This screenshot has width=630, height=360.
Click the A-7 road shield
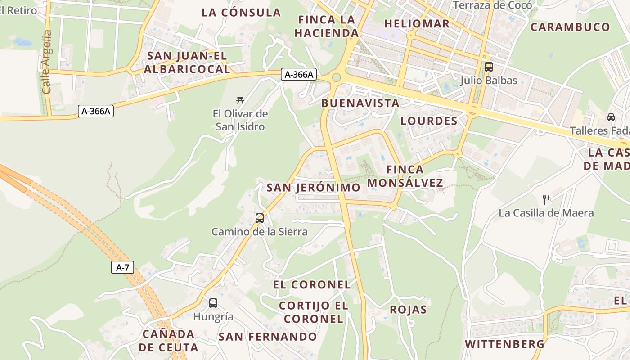pyautogui.click(x=122, y=267)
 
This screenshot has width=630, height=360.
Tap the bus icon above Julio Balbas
pyautogui.click(x=488, y=67)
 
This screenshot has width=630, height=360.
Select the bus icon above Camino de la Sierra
pyautogui.click(x=260, y=218)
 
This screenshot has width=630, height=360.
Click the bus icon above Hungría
pyautogui.click(x=213, y=303)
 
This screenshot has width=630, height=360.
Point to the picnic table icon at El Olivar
pyautogui.click(x=240, y=100)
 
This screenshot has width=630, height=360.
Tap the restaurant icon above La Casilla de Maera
pyautogui.click(x=546, y=199)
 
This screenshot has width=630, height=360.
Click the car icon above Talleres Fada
pyautogui.click(x=611, y=117)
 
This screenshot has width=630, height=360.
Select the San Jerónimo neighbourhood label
pyautogui.click(x=313, y=188)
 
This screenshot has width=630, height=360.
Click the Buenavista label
pyautogui.click(x=360, y=103)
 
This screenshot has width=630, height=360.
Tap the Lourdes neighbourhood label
pyautogui.click(x=428, y=121)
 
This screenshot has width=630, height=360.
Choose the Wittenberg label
pyautogui.click(x=504, y=344)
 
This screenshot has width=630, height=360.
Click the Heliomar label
pyautogui.click(x=417, y=24)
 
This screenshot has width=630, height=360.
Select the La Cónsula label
pyautogui.click(x=241, y=13)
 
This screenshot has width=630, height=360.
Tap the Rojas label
pyautogui.click(x=408, y=310)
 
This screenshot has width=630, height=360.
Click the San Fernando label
pyautogui.click(x=268, y=337)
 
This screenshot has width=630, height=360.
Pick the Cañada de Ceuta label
pyautogui.click(x=168, y=341)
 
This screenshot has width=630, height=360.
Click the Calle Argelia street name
pyautogui.click(x=46, y=62)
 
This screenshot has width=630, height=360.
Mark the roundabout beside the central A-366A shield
pyautogui.click(x=336, y=77)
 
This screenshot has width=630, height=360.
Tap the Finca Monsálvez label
pyautogui.click(x=405, y=176)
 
